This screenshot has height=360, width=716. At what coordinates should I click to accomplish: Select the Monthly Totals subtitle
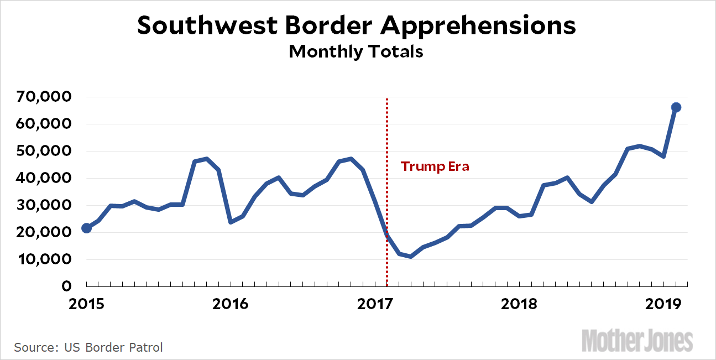tap(356, 51)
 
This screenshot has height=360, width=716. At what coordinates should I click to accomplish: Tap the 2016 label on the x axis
tap(231, 304)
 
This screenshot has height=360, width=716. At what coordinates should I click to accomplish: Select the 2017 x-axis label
tap(375, 304)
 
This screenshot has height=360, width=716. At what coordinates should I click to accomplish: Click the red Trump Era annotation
tap(435, 166)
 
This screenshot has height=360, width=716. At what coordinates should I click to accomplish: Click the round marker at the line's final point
tap(676, 107)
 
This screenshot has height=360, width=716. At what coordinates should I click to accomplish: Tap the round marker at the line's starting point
tap(86, 228)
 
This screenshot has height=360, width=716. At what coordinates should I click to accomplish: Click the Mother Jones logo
tap(637, 340)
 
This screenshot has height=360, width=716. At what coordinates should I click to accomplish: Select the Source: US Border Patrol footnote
tap(88, 348)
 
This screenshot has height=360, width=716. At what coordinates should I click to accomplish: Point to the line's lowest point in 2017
tap(411, 257)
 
